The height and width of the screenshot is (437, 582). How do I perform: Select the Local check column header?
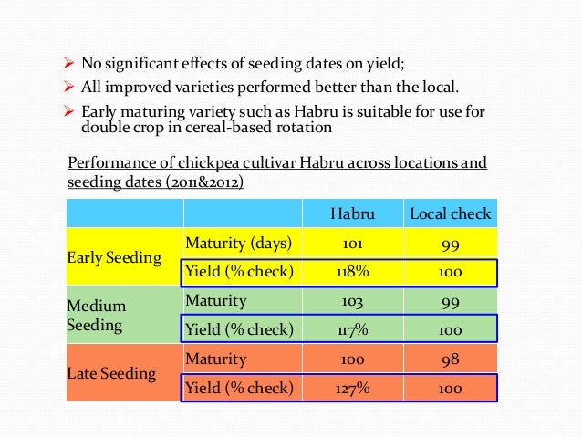pyautogui.click(x=450, y=214)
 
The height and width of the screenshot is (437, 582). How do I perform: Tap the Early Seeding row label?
pyautogui.click(x=114, y=257)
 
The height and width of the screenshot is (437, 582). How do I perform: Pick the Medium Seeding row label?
pyautogui.click(x=97, y=316)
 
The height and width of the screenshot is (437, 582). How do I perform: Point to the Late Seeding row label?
pyautogui.click(x=111, y=373)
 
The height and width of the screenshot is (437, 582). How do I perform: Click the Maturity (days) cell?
pyautogui.click(x=239, y=244)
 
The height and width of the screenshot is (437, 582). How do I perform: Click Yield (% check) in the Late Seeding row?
pyautogui.click(x=239, y=388)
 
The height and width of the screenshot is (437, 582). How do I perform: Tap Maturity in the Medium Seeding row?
pyautogui.click(x=216, y=300)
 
